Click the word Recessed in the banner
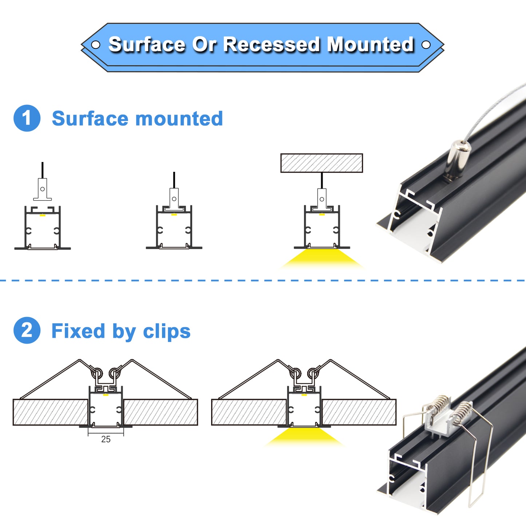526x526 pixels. pyautogui.click(x=271, y=44)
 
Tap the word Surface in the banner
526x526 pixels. pyautogui.click(x=147, y=44)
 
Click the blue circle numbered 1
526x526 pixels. pyautogui.click(x=27, y=118)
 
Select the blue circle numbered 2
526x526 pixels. pyautogui.click(x=27, y=330)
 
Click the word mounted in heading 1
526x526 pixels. pyautogui.click(x=179, y=119)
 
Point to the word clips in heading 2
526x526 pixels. pyautogui.click(x=167, y=331)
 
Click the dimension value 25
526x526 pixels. pyautogui.click(x=106, y=439)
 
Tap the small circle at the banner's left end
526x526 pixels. pyautogui.click(x=95, y=45)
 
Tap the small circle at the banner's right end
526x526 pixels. pyautogui.click(x=426, y=45)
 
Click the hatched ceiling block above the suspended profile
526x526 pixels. pyautogui.click(x=321, y=163)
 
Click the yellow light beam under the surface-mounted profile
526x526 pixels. pyautogui.click(x=322, y=258)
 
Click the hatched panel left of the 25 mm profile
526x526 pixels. pyautogui.click(x=50, y=412)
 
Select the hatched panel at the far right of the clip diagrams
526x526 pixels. pyautogui.click(x=359, y=412)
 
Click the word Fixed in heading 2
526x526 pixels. pyautogui.click(x=78, y=331)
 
